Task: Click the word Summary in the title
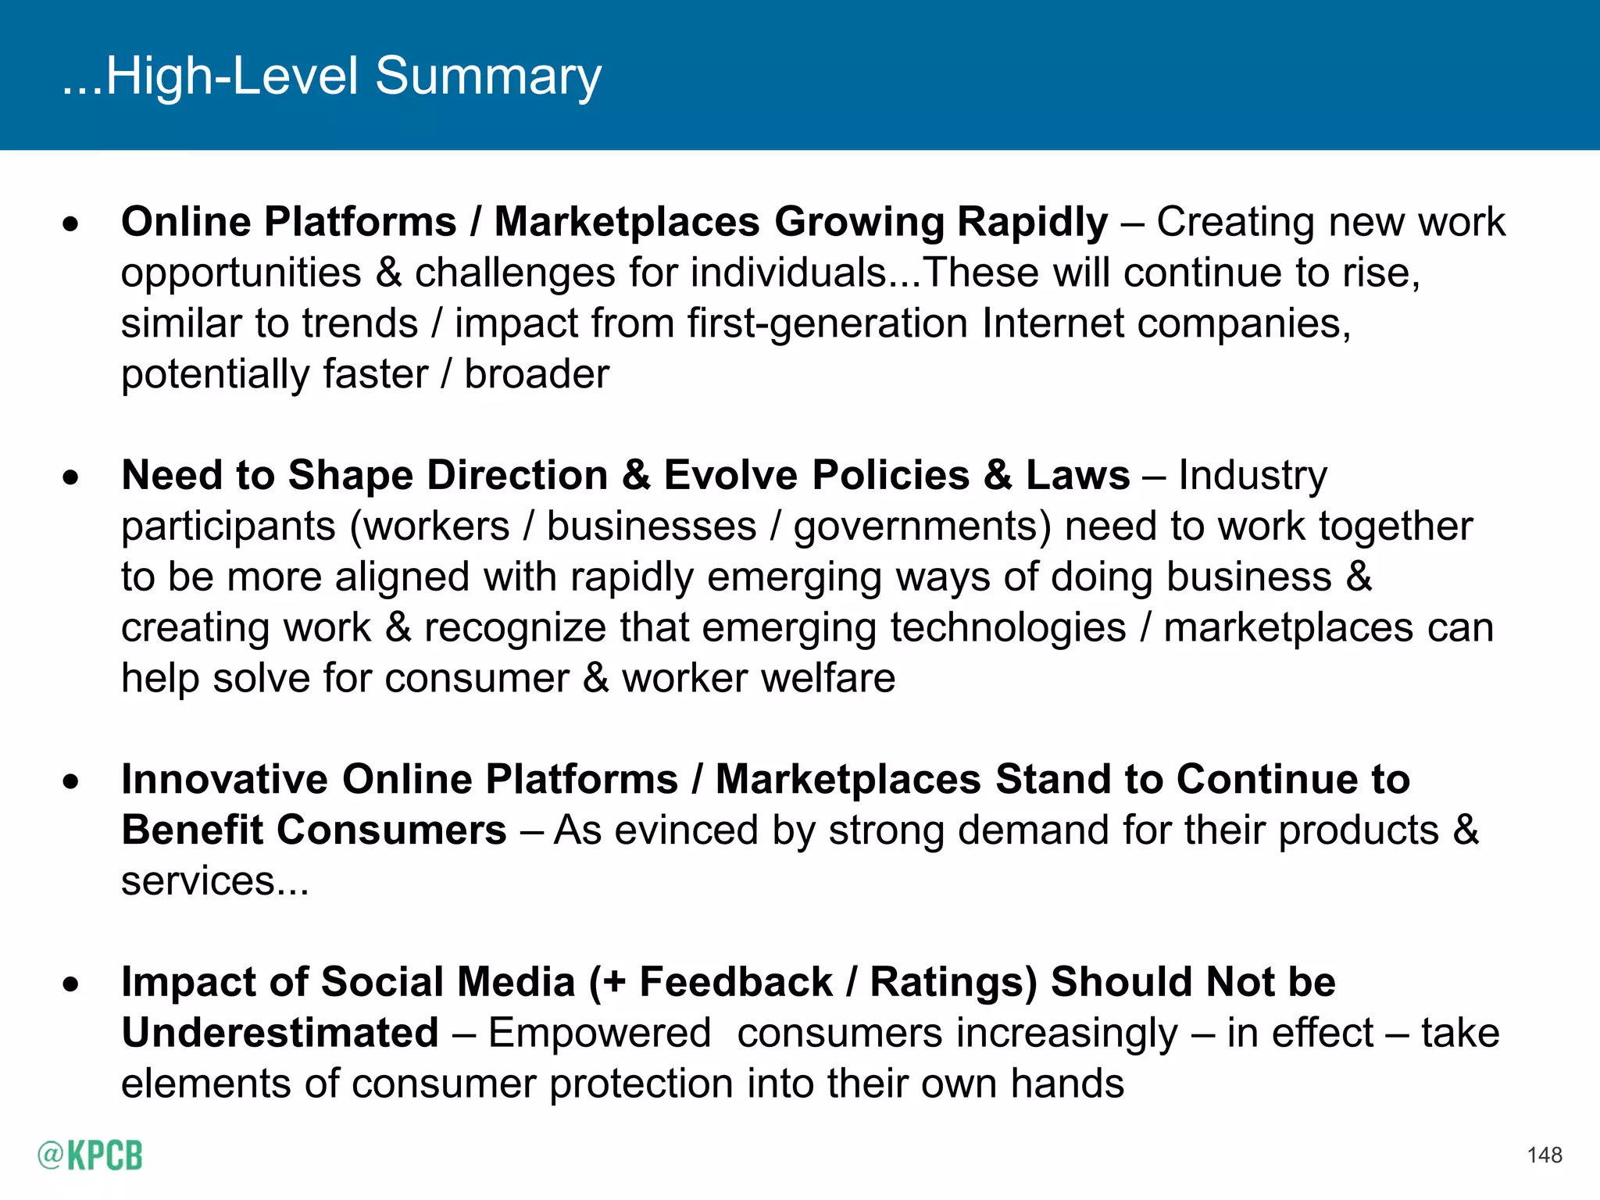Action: (x=488, y=77)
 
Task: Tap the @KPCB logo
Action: (x=90, y=1155)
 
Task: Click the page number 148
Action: (x=1544, y=1155)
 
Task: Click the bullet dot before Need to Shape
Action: (x=71, y=477)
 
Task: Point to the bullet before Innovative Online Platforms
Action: (x=71, y=781)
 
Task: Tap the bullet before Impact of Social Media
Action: (x=71, y=984)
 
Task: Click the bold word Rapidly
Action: (x=1032, y=222)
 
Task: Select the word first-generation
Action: (x=827, y=323)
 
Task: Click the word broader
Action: (x=537, y=374)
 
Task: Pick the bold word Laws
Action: (x=1077, y=475)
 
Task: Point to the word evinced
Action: (x=687, y=830)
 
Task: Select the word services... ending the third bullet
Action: (x=215, y=881)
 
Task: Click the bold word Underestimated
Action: (x=280, y=1033)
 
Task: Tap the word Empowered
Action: (x=599, y=1033)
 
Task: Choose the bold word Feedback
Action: (x=736, y=982)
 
